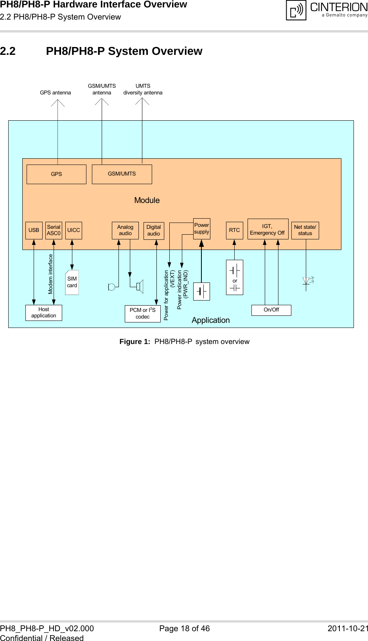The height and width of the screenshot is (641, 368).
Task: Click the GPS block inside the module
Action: point(56,174)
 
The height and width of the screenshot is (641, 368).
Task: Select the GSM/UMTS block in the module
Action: point(122,174)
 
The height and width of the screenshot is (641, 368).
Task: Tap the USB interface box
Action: point(34,230)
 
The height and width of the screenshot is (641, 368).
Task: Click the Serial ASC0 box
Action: point(54,230)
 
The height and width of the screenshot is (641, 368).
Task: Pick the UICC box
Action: point(74,230)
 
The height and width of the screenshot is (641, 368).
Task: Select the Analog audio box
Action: point(125,230)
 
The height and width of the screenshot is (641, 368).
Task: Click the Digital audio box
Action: point(154,230)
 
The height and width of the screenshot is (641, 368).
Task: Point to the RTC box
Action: point(234,230)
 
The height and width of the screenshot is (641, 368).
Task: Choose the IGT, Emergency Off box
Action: point(267,230)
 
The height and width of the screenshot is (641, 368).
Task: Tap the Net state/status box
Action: point(305,230)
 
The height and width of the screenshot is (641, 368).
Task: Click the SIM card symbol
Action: point(72,282)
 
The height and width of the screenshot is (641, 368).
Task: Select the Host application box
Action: point(44,313)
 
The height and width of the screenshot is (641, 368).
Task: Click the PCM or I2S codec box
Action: point(143,313)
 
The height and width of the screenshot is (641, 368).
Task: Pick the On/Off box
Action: point(271,310)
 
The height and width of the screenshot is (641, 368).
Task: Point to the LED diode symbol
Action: point(307,281)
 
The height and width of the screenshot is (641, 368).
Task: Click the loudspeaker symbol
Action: point(139,286)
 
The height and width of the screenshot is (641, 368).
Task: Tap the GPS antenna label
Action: point(56,93)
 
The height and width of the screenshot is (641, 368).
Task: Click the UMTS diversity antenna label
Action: point(143,89)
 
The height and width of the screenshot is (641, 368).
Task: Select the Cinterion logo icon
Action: point(296,10)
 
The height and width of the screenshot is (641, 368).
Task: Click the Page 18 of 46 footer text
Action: point(184,628)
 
